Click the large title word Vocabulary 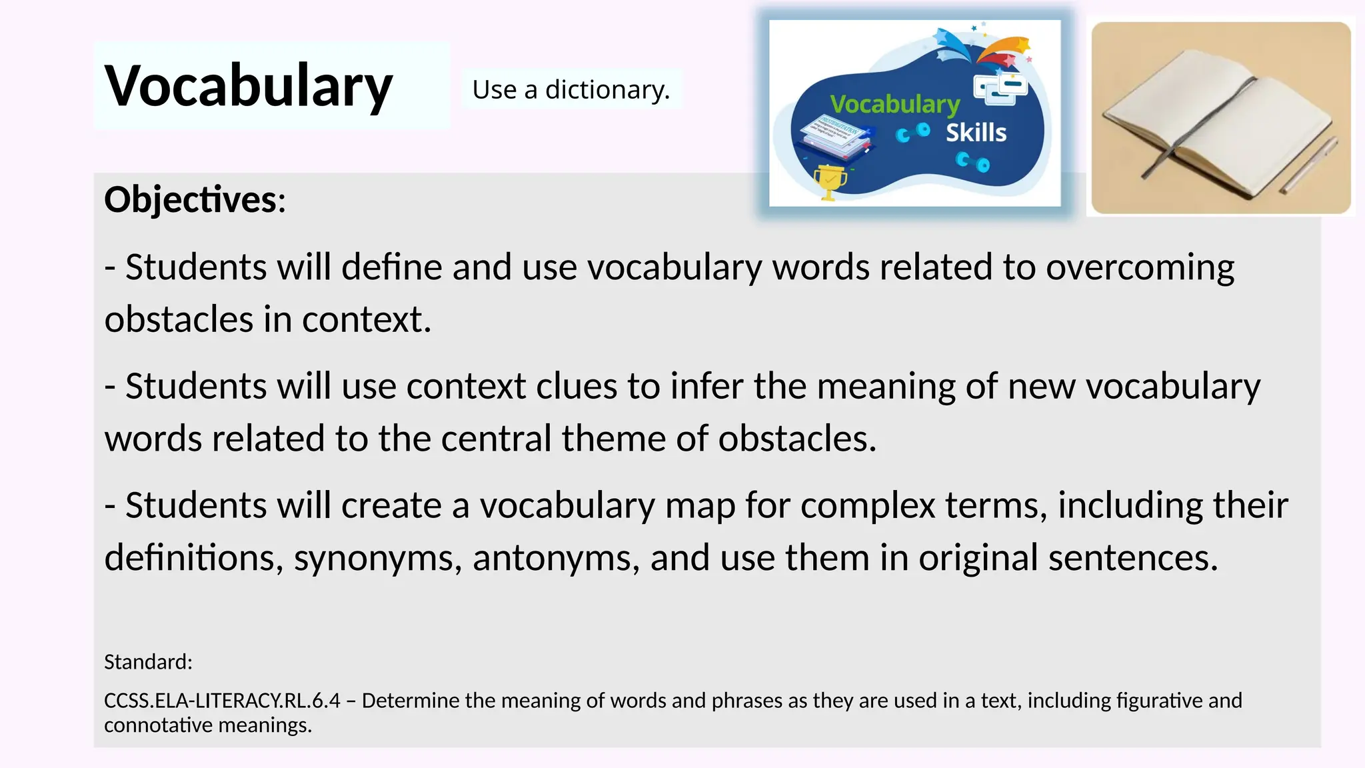click(x=249, y=86)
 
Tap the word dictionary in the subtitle click(x=607, y=89)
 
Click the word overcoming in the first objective click(x=1140, y=267)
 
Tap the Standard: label click(x=148, y=662)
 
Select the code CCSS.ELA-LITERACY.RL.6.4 click(x=222, y=701)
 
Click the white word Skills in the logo click(x=976, y=133)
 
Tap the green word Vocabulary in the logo click(x=894, y=105)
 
